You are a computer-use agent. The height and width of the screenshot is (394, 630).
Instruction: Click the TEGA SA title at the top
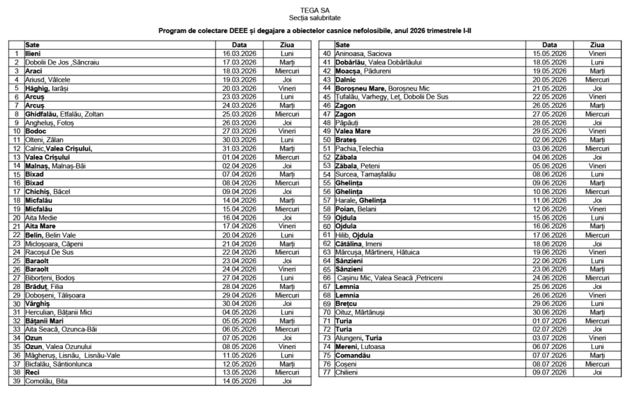314,10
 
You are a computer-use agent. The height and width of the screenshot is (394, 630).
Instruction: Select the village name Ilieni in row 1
34,53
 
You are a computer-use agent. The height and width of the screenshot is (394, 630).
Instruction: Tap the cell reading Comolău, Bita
46,381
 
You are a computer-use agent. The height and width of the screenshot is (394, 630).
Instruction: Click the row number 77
326,372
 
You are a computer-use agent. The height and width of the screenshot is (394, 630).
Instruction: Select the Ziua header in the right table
596,45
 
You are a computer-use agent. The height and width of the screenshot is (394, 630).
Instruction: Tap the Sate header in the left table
32,45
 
